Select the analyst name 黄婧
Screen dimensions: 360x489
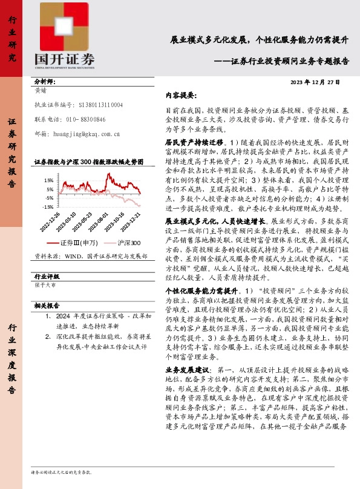click(42, 91)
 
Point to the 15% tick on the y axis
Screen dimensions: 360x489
click(49, 180)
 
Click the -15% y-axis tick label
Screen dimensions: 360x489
click(48, 206)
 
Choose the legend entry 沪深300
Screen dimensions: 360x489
click(128, 243)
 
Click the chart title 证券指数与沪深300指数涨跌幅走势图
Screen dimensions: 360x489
click(89, 162)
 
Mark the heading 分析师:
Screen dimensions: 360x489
click(45, 80)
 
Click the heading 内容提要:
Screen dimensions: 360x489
click(181, 96)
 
